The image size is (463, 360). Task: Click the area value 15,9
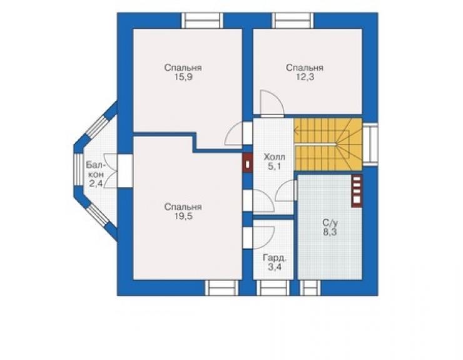pyautogui.click(x=183, y=78)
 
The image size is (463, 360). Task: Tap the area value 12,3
pyautogui.click(x=305, y=78)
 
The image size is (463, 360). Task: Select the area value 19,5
pyautogui.click(x=183, y=217)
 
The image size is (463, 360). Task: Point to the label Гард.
pyautogui.click(x=275, y=259)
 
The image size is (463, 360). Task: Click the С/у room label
pyautogui.click(x=330, y=222)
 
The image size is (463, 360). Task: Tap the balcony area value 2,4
pyautogui.click(x=96, y=184)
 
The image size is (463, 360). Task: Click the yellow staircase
pyautogui.click(x=328, y=145)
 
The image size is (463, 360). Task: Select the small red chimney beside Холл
pyautogui.click(x=247, y=163)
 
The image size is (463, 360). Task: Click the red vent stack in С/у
pyautogui.click(x=357, y=190)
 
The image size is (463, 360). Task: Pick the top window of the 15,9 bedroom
pyautogui.click(x=202, y=21)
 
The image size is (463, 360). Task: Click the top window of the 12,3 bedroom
pyautogui.click(x=293, y=21)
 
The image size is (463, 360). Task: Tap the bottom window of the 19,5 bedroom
pyautogui.click(x=221, y=288)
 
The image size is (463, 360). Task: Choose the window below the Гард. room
pyautogui.click(x=273, y=288)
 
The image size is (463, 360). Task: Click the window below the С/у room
pyautogui.click(x=310, y=288)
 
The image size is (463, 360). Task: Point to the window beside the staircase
pyautogui.click(x=370, y=143)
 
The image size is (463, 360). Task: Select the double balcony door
pyautogui.click(x=110, y=171)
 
